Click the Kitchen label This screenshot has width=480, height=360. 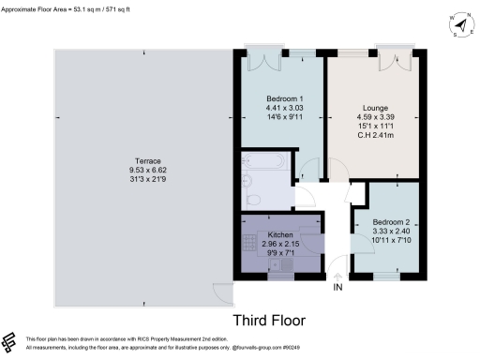pos(281,234)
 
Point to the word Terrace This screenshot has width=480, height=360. pos(143,159)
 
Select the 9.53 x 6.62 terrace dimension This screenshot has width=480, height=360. pos(143,170)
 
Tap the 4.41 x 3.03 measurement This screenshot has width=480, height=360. pos(281,109)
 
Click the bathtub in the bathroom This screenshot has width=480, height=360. pos(267,162)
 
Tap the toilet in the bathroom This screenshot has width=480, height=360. pos(247,182)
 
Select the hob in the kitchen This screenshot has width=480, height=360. pos(250,245)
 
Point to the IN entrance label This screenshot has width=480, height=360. pos(338,288)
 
